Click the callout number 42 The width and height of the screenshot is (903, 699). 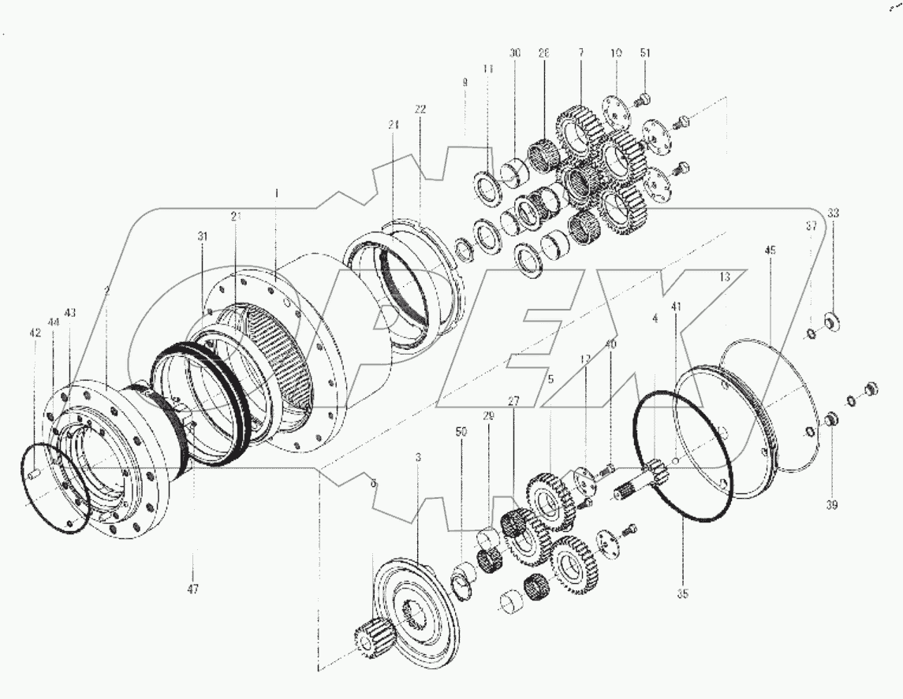(35, 333)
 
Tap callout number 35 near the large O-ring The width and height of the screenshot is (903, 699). (683, 593)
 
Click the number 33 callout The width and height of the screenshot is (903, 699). (834, 213)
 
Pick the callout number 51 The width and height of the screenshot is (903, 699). (645, 53)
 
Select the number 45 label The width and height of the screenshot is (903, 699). (770, 250)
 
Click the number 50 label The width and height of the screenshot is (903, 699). (462, 432)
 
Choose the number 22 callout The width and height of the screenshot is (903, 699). (420, 109)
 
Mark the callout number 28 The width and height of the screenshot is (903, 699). (543, 53)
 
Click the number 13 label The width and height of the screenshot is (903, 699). (725, 277)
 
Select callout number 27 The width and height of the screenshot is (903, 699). (514, 401)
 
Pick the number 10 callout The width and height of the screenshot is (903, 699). (616, 53)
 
